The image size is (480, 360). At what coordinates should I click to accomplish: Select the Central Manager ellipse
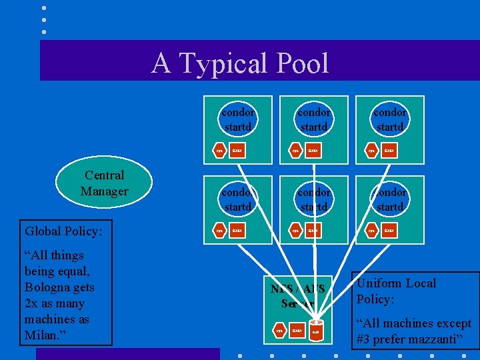pos(104,183)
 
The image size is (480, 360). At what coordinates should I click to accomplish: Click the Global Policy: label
pos(63,231)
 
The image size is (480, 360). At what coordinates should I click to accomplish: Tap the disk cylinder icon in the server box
pos(316,330)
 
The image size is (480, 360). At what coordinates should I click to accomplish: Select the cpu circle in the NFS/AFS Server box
pos(280,329)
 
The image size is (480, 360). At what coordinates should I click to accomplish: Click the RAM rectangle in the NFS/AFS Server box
pos(297,329)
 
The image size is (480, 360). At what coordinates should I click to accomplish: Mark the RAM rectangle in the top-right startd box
pos(389,151)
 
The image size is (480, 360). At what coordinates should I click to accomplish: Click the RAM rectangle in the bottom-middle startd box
pos(313,231)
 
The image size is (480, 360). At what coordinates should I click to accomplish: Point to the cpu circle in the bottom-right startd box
pos(372,231)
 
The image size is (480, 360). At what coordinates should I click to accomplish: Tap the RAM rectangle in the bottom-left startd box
pos(237,231)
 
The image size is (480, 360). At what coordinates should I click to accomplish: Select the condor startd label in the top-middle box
pos(313,119)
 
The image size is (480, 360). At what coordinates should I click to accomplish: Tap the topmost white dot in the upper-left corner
pos(44,8)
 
